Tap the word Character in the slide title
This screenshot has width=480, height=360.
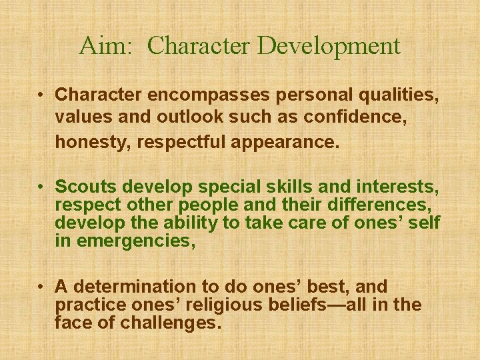(x=198, y=46)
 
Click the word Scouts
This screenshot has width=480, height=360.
(x=84, y=185)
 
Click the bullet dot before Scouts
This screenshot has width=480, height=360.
(x=41, y=185)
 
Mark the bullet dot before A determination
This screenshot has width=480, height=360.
(x=41, y=287)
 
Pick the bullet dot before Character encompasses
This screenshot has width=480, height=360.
(x=41, y=95)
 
